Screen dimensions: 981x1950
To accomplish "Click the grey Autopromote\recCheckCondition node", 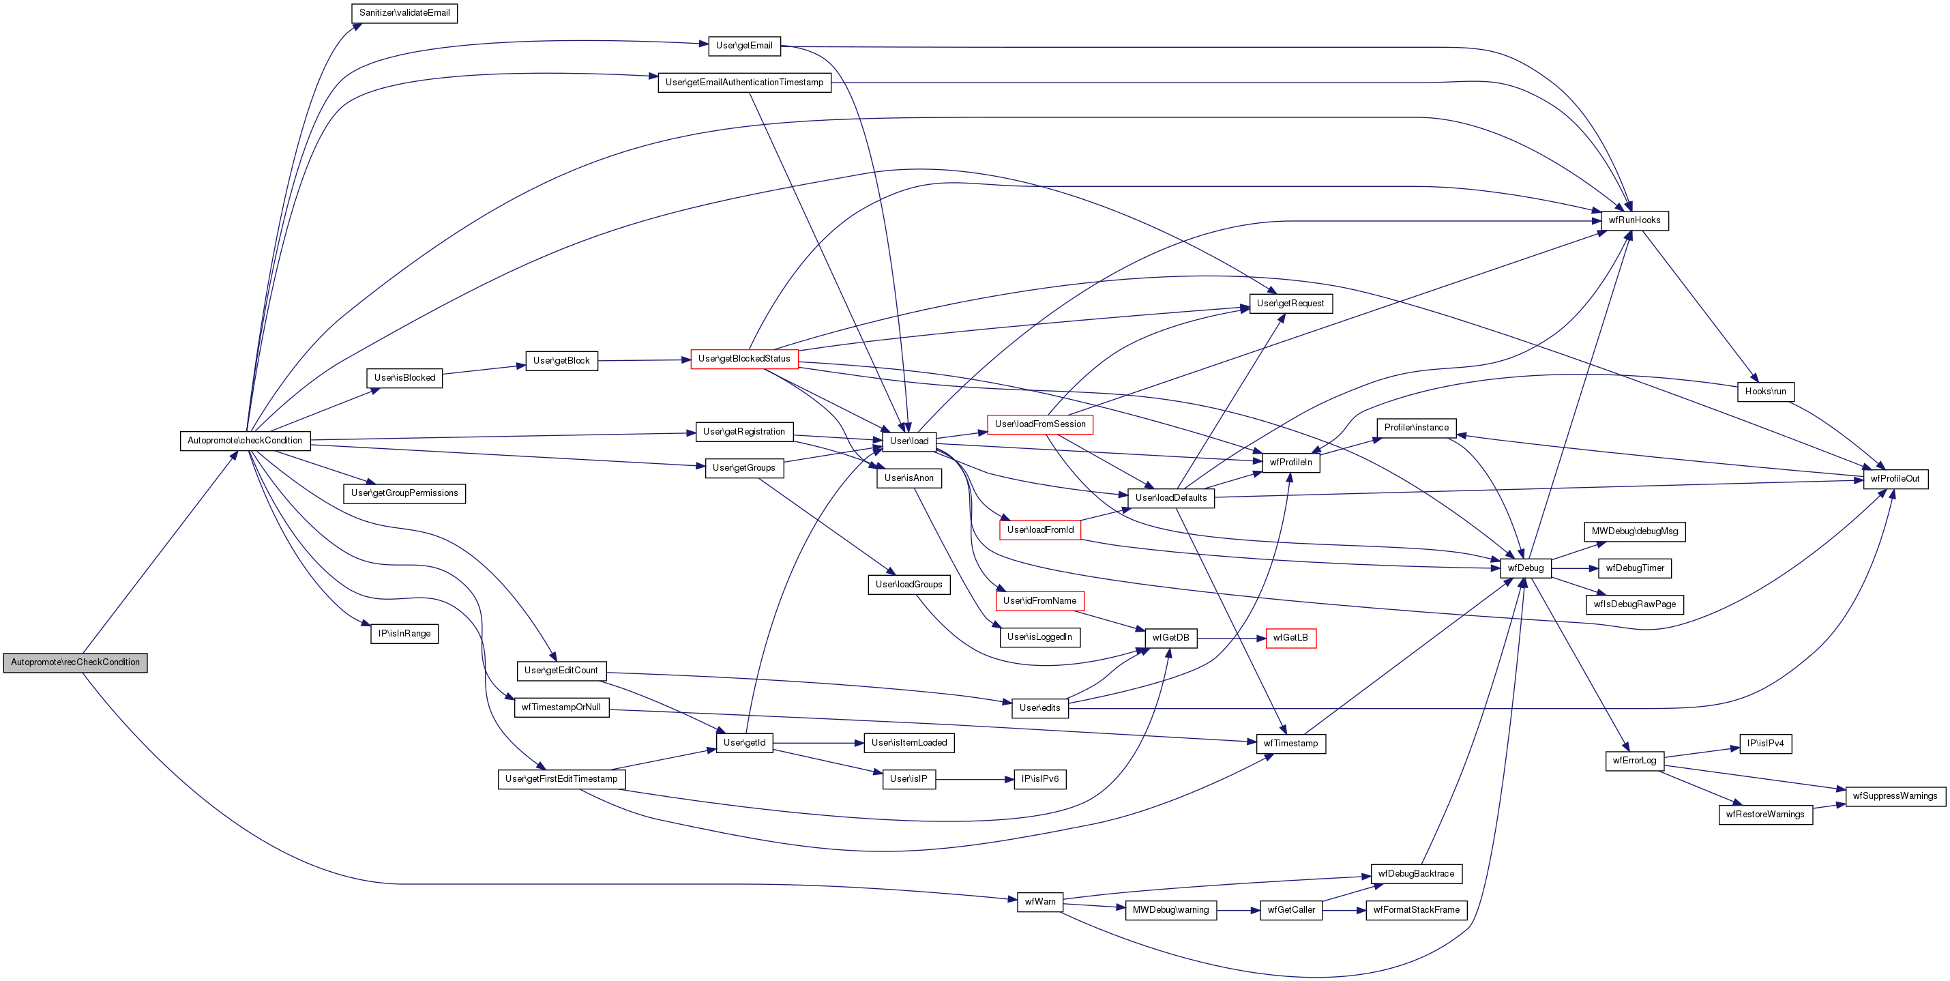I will (x=75, y=662).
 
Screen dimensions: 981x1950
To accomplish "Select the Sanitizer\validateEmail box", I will (x=404, y=13).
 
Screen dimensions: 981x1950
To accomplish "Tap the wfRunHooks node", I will (x=1634, y=220).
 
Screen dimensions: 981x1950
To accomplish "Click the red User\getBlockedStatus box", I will (x=744, y=359).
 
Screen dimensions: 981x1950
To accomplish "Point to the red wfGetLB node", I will (x=1290, y=638).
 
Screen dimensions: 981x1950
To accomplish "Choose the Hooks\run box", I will (x=1765, y=392).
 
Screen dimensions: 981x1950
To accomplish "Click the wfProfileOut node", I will (x=1895, y=479).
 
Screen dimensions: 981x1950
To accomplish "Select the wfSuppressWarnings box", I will (x=1895, y=795).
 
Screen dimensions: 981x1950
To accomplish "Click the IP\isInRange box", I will (x=404, y=634).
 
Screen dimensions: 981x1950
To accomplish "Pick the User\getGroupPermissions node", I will (x=404, y=493).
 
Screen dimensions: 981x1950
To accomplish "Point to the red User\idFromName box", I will (x=1039, y=601).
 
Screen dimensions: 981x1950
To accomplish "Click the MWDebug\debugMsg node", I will (x=1634, y=531).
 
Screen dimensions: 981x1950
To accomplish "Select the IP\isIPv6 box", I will (x=1040, y=779).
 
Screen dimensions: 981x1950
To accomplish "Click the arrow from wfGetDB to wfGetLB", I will (x=1231, y=638).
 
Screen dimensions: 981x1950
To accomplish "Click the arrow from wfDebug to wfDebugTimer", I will (x=1575, y=568).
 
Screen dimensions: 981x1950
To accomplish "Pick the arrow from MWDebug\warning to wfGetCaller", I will (x=1238, y=910).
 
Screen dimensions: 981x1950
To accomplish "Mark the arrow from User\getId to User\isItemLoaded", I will (x=818, y=744).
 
